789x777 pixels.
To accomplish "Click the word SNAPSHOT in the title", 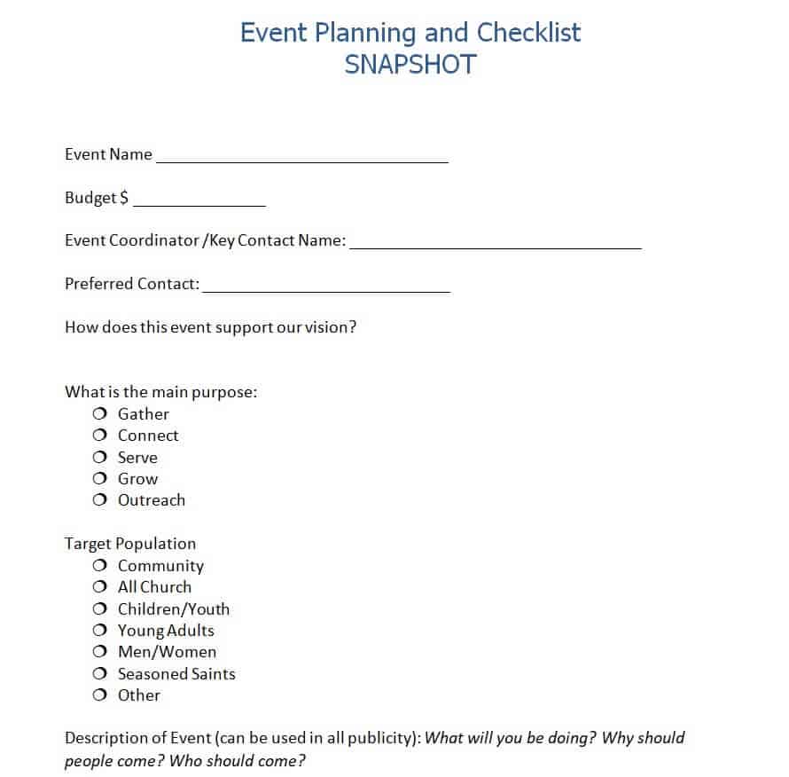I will pos(410,65).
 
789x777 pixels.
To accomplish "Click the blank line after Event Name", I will pos(302,161).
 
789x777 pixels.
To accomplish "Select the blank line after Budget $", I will pos(199,204).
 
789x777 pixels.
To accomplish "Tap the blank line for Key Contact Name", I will pos(496,247).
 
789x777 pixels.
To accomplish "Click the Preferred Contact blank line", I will pos(326,290).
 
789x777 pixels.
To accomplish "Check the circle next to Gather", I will pos(99,414).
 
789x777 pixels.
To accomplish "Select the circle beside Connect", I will pos(99,436).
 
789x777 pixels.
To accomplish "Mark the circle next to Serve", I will pos(99,458).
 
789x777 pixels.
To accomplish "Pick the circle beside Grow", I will pos(99,479).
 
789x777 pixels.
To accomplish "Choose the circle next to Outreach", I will pos(99,500).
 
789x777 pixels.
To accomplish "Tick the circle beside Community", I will pos(99,566).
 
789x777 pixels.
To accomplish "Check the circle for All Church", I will pos(99,587).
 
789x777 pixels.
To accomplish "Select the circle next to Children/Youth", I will pos(99,609).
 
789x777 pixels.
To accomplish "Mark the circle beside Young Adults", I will pos(99,631).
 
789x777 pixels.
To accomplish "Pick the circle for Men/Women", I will pos(99,652).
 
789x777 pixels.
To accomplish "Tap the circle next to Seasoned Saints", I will pos(99,674).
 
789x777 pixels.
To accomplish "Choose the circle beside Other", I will pos(99,695).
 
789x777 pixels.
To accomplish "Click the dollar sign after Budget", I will pos(124,198).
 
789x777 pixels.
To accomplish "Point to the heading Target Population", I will pos(130,544).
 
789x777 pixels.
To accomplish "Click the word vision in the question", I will pos(328,326).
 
